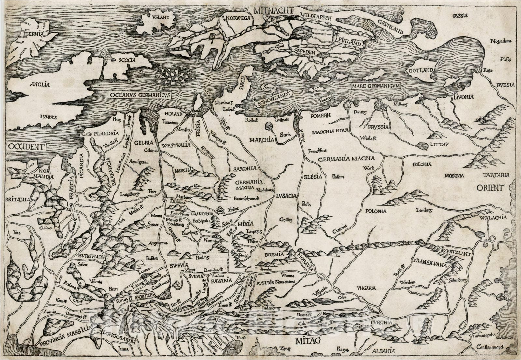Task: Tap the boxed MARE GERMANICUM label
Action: [x=376, y=86]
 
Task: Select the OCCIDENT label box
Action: [x=26, y=146]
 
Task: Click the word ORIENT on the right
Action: [x=490, y=188]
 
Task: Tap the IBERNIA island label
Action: [x=31, y=34]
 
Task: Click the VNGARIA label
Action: [x=366, y=288]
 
